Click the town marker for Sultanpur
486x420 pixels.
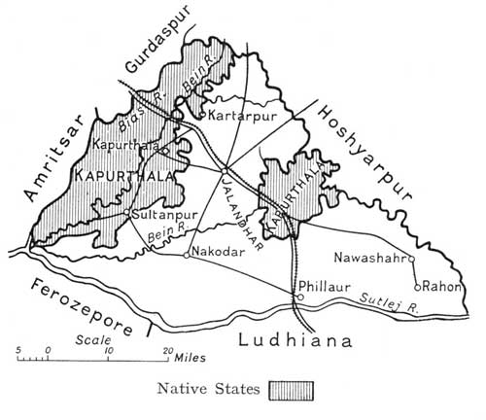coord(127,211)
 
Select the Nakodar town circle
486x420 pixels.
coord(187,255)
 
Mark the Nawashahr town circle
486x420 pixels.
coord(412,259)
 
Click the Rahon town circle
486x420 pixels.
coord(416,287)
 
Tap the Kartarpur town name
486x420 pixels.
coord(237,116)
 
